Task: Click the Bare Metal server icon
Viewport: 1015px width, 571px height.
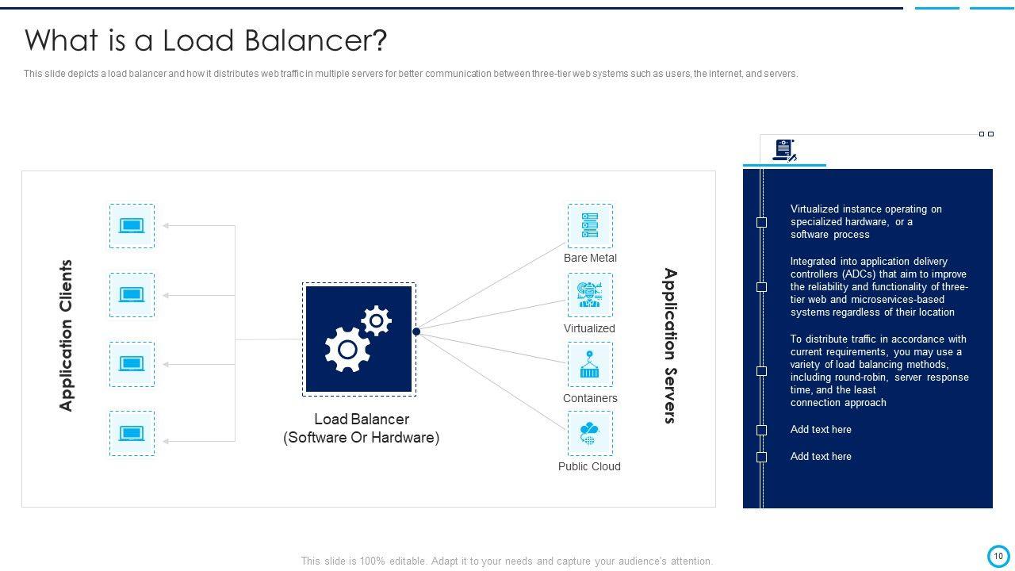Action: (x=590, y=225)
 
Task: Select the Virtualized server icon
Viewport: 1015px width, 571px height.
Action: (x=590, y=295)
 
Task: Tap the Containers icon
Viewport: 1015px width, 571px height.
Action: (x=590, y=365)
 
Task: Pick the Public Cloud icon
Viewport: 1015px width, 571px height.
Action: (x=590, y=434)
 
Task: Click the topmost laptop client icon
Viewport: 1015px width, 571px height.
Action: (x=132, y=226)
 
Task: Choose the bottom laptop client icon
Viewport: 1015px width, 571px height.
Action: (x=132, y=434)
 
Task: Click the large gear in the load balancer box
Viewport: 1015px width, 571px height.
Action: (x=347, y=349)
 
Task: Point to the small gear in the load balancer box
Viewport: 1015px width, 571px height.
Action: (x=376, y=320)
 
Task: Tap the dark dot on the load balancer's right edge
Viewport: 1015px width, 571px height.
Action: (x=416, y=331)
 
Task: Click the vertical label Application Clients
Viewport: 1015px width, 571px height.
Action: (x=67, y=335)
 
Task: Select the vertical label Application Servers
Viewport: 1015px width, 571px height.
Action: (x=670, y=346)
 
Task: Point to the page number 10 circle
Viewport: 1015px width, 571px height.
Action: (x=998, y=556)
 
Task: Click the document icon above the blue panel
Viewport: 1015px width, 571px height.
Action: (x=784, y=150)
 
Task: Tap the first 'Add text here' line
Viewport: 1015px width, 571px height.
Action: (x=821, y=430)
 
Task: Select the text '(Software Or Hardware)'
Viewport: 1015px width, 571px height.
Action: (x=361, y=438)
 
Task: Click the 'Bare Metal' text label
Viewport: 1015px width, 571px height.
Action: (x=590, y=258)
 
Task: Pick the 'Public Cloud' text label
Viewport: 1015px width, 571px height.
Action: (x=589, y=466)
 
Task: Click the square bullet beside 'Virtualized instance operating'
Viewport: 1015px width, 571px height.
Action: (x=762, y=222)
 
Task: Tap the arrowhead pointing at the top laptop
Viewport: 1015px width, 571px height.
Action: (x=167, y=226)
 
